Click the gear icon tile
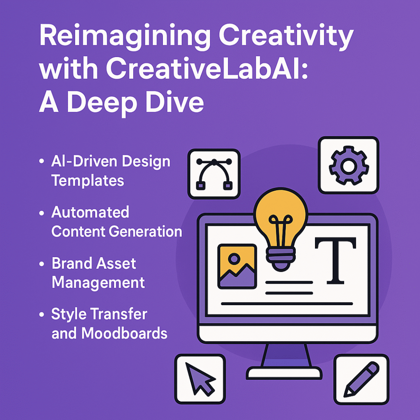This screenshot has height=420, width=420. [x=348, y=165]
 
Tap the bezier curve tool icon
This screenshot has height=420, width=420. [x=214, y=174]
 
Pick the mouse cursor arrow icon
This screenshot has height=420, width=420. [x=200, y=379]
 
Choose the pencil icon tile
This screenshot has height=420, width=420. [x=361, y=379]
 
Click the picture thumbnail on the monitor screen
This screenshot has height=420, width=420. [x=237, y=266]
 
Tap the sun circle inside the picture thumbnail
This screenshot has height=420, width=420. [x=234, y=259]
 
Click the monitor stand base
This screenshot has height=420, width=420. [x=284, y=372]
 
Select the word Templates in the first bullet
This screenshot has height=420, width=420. [x=87, y=180]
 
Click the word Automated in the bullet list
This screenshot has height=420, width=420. [x=90, y=212]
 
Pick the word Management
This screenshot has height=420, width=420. [x=98, y=282]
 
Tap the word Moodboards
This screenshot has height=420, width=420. [x=124, y=333]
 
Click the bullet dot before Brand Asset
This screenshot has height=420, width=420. [x=42, y=264]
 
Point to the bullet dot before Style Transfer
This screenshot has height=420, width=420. [x=42, y=314]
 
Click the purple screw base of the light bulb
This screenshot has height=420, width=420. [x=281, y=259]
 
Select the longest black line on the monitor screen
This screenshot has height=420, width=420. [x=287, y=304]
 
